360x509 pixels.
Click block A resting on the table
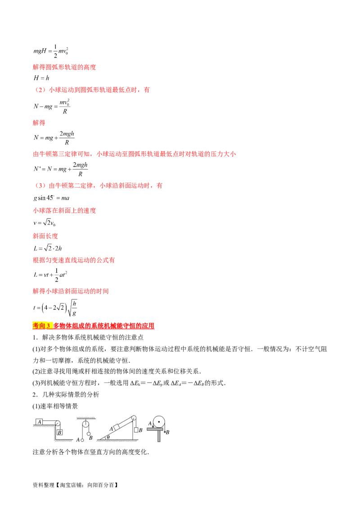(40, 422)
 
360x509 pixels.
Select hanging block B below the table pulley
(60, 432)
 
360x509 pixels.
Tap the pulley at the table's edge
(57, 423)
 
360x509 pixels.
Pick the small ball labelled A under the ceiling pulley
(82, 440)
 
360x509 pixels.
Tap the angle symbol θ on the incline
(108, 437)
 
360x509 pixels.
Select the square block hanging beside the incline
(136, 430)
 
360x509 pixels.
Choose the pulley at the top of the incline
(133, 418)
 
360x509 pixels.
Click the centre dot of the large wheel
(159, 422)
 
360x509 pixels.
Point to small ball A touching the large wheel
(153, 426)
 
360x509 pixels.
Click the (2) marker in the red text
(40, 90)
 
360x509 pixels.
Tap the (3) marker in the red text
(40, 185)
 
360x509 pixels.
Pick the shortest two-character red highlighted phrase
(39, 122)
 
